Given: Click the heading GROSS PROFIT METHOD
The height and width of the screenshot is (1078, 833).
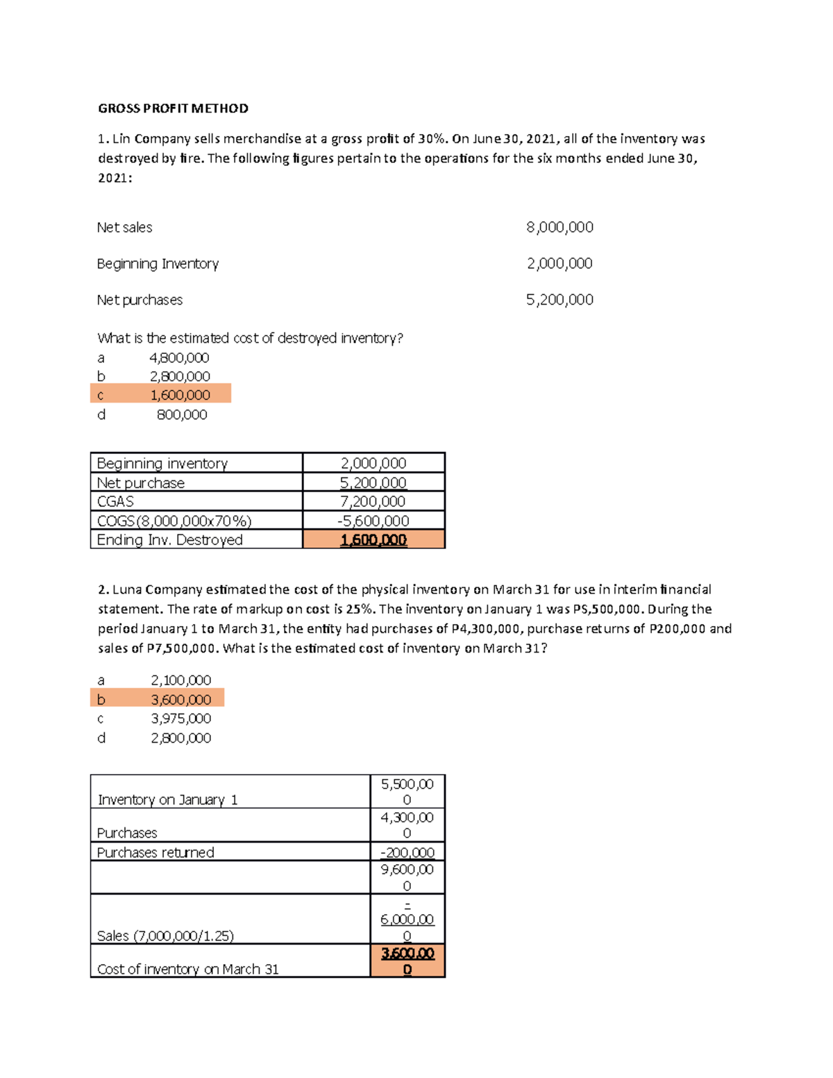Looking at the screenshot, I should pyautogui.click(x=173, y=108).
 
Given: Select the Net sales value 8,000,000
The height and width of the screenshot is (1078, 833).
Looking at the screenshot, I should pyautogui.click(x=559, y=227).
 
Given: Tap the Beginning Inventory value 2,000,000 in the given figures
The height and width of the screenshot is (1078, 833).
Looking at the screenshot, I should pyautogui.click(x=559, y=263).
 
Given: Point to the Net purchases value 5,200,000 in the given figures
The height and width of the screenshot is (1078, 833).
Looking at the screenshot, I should pyautogui.click(x=559, y=299).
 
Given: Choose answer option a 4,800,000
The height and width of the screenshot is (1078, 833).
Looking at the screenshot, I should pyautogui.click(x=179, y=357).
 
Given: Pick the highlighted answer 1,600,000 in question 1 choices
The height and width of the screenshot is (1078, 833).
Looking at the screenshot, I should pyautogui.click(x=180, y=395).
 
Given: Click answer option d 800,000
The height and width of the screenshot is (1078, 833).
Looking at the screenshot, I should pyautogui.click(x=182, y=414).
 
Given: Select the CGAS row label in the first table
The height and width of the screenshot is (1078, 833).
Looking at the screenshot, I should pyautogui.click(x=115, y=501).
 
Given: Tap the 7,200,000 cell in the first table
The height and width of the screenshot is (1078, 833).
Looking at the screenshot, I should pyautogui.click(x=373, y=501).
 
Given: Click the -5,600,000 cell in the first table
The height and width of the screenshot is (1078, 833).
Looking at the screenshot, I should pyautogui.click(x=373, y=521).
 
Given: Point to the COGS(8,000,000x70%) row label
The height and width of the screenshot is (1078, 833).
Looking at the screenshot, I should pyautogui.click(x=174, y=521).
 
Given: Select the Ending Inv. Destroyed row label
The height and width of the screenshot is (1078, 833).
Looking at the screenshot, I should pyautogui.click(x=169, y=539).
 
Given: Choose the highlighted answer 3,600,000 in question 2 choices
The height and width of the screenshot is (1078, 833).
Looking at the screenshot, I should pyautogui.click(x=180, y=699).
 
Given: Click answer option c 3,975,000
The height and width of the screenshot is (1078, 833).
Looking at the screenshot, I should pyautogui.click(x=180, y=718).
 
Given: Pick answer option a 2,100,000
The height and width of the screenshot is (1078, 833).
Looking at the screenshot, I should pyautogui.click(x=180, y=680).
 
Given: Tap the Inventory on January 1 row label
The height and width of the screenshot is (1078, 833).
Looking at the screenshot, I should pyautogui.click(x=167, y=800).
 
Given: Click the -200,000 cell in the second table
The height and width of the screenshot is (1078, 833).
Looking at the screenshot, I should pyautogui.click(x=407, y=852).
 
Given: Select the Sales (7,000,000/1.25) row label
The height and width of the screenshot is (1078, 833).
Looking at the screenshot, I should pyautogui.click(x=165, y=936).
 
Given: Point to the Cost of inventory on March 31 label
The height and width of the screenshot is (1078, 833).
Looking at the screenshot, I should pyautogui.click(x=187, y=969).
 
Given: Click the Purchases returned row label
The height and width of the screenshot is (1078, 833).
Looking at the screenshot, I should pyautogui.click(x=155, y=852).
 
